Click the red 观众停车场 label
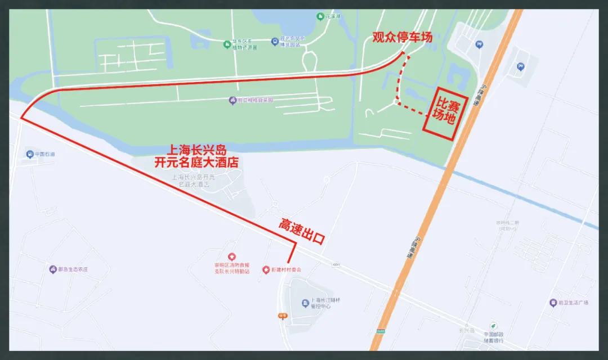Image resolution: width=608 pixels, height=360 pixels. tap(403, 38)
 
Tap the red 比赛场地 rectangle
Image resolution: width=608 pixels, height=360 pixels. tap(442, 113)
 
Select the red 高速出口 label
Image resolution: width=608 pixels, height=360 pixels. tap(302, 231)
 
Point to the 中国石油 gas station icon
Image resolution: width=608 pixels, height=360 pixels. tap(29, 154)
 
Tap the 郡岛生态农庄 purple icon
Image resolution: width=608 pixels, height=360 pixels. tap(53, 269)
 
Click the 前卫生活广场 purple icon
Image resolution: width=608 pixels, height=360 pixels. tap(553, 303)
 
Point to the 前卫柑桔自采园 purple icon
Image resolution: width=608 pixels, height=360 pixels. tap(232, 100)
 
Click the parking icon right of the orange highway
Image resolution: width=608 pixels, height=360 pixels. tap(520, 66)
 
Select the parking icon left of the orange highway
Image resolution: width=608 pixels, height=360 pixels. tap(479, 44)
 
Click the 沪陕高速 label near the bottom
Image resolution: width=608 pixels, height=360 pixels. tap(410, 247)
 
